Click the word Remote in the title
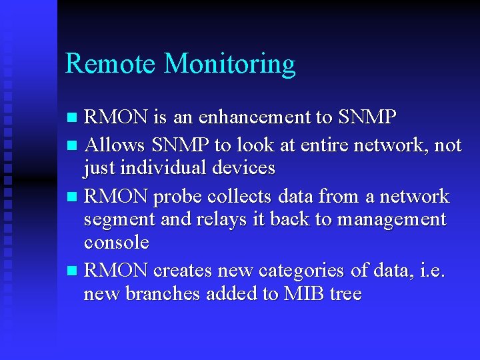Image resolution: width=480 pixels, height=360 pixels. (111, 64)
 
